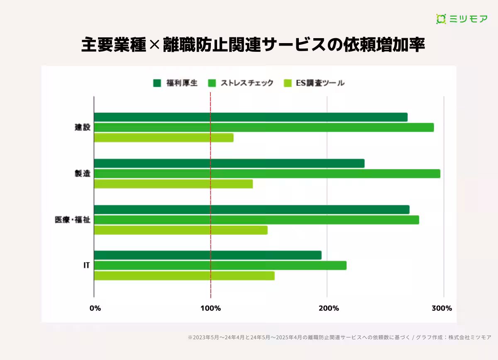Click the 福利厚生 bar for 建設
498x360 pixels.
251,117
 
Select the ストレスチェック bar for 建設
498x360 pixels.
264,127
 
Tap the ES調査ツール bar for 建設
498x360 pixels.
164,138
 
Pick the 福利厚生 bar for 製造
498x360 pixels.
229,163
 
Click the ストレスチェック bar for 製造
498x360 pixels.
267,174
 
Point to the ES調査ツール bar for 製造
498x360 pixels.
173,184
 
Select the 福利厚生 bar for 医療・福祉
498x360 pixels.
251,210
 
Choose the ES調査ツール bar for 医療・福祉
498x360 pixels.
181,230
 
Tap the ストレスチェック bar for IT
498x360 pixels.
220,265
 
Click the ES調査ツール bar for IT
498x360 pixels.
184,276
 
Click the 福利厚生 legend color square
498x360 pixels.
157,83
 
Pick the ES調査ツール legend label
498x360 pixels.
320,83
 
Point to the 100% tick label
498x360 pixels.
210,308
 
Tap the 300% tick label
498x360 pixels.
442,308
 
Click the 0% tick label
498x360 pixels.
95,308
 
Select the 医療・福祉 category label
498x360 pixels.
72,220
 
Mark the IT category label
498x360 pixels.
86,265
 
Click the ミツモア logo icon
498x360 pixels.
441,19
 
